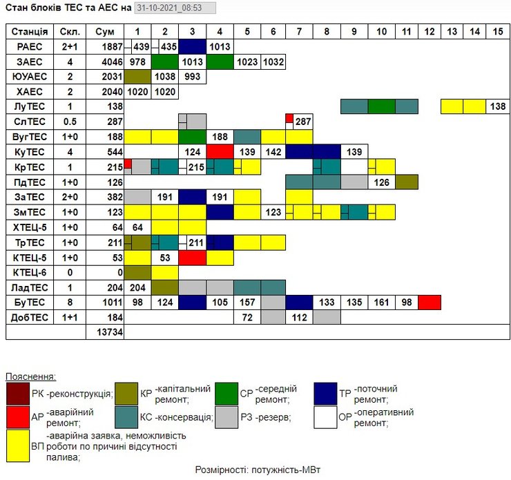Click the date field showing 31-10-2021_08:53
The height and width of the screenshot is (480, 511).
coord(175,8)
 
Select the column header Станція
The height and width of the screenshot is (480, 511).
coord(30,32)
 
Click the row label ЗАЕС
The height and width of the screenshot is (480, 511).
coord(30,61)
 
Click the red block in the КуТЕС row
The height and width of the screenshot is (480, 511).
coord(219,152)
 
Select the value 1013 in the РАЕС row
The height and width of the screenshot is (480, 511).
coord(219,47)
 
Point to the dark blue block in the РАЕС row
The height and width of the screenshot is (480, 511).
coord(192,47)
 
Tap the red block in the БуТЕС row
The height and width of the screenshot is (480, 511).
coord(429,303)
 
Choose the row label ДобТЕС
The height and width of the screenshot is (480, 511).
coord(30,318)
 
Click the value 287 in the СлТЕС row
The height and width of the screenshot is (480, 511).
coord(302,122)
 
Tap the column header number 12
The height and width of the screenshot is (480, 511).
coord(429,32)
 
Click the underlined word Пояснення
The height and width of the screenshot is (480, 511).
coord(31,376)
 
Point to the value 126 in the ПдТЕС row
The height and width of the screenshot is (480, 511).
coord(380,182)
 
